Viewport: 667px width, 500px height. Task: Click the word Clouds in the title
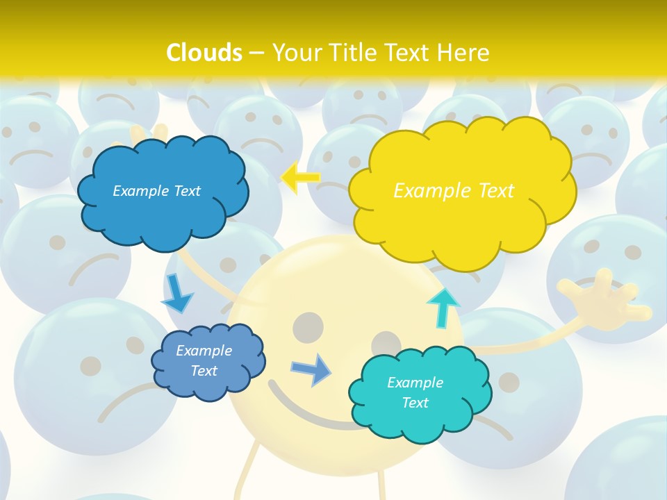point(204,52)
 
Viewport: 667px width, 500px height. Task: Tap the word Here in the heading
point(463,52)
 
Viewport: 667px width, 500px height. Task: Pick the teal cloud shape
point(420,417)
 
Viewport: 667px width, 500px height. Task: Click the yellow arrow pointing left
point(300,178)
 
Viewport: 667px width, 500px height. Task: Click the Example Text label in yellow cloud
point(454,191)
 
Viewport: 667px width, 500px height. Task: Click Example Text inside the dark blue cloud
point(156,191)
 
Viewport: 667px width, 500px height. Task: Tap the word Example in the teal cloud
point(415,383)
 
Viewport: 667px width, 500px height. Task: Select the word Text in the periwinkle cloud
point(204,371)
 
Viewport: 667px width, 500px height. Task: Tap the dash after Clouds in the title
point(256,53)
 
